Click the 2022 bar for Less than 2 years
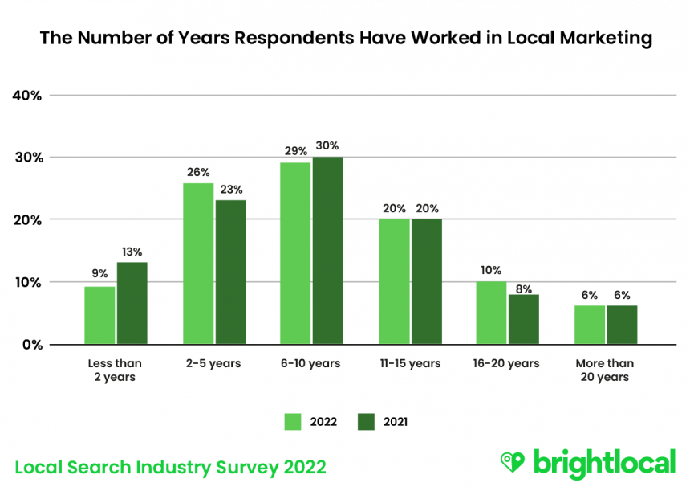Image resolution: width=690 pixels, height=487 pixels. coord(100,315)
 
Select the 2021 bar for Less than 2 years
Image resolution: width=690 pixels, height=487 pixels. coord(132,303)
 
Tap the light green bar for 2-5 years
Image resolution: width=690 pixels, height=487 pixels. coord(198,264)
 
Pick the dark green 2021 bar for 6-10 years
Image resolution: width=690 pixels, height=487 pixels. coord(327,251)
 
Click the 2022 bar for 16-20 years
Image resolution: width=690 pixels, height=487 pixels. coord(491,313)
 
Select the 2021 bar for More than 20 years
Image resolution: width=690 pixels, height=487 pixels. coord(622,325)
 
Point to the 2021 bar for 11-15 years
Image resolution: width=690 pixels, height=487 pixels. coord(426,281)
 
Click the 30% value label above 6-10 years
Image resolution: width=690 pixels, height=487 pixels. coord(327,145)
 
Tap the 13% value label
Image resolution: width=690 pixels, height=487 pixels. coord(132,251)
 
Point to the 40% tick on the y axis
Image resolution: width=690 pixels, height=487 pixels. coord(27,95)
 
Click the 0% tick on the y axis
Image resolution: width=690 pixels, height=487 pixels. coord(30,344)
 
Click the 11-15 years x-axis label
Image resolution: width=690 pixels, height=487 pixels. coord(410,363)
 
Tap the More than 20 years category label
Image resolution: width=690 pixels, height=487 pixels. coord(606,370)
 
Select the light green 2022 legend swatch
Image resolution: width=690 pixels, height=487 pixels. coord(293,421)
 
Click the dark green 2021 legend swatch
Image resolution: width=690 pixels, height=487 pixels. coord(367,421)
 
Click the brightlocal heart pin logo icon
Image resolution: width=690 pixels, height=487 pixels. coord(512,460)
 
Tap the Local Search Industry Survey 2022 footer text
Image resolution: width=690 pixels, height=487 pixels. coord(171,466)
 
